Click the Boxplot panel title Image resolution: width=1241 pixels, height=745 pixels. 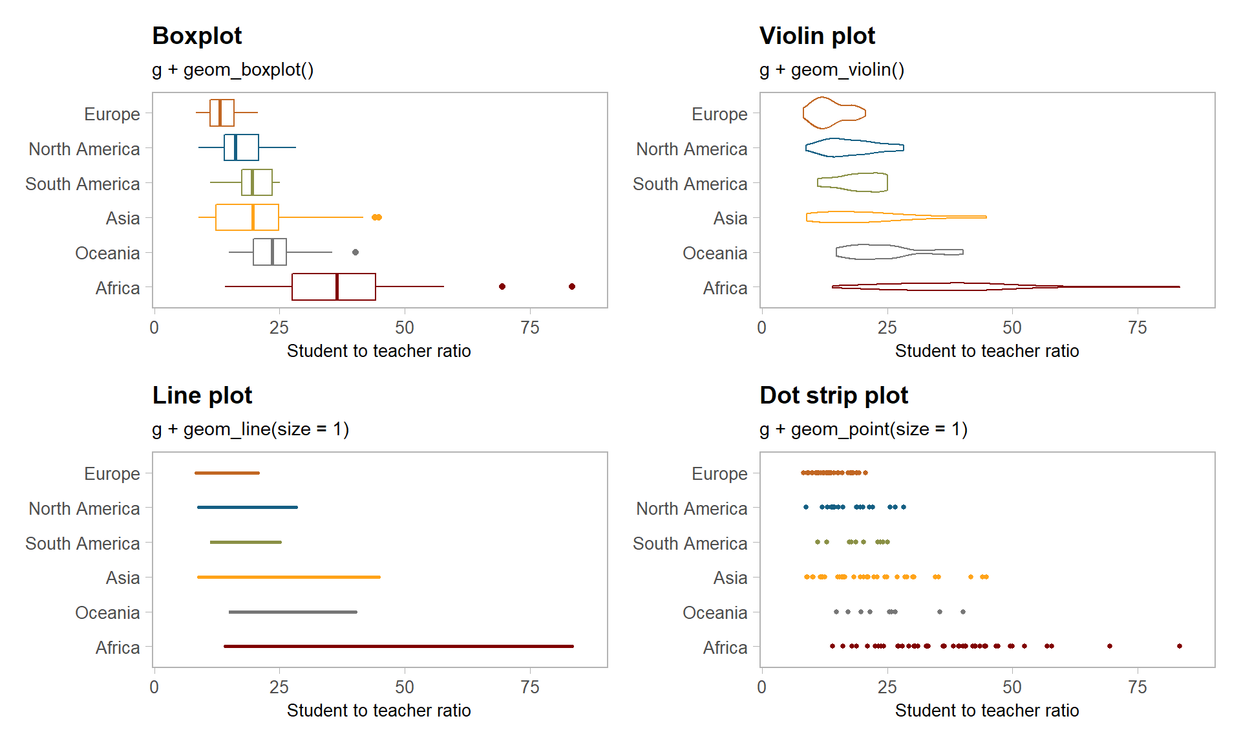click(196, 36)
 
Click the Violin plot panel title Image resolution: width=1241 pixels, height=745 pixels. click(817, 36)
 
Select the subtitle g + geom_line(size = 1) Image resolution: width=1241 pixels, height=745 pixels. click(250, 429)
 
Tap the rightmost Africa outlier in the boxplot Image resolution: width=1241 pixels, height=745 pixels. click(572, 286)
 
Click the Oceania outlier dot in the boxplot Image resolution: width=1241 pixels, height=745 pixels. click(355, 252)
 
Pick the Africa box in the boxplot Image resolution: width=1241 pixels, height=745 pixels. click(334, 286)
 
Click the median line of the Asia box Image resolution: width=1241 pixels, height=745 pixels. click(253, 217)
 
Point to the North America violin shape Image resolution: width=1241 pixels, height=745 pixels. click(853, 148)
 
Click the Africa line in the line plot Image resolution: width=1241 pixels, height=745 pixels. click(398, 646)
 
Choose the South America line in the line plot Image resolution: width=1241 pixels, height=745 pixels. click(246, 542)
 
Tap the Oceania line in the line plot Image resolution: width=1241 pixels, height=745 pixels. click(293, 612)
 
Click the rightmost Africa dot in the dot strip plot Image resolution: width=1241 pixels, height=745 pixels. click(1180, 646)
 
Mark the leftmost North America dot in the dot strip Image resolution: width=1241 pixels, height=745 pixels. click(806, 507)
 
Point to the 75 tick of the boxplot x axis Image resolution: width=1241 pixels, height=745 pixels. click(530, 328)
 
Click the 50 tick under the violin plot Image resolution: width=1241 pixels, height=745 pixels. click(1012, 328)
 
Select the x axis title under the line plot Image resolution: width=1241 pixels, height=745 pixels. click(379, 711)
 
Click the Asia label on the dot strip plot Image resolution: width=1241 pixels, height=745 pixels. click(730, 578)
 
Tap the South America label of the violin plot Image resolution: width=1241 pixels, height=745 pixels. click(690, 184)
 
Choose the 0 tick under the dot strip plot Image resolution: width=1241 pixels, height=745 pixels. click(762, 687)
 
